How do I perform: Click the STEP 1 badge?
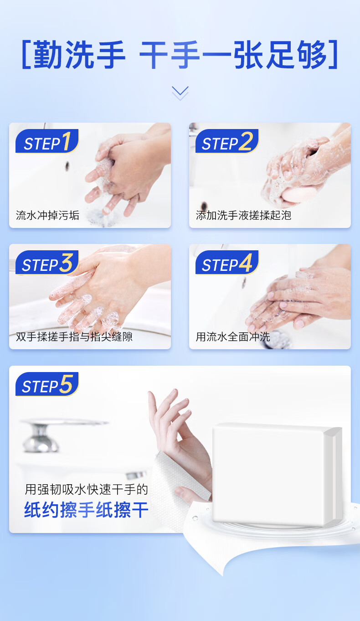47,141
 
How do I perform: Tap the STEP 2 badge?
227,141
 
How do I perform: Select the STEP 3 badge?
47,263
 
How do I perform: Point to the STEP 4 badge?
227,263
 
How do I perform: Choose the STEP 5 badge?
47,384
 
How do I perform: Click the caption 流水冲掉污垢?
47,215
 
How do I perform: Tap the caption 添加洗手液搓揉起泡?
243,215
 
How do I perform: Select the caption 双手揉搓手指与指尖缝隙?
74,336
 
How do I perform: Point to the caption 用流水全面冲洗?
233,336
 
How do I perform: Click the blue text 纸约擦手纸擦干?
86,510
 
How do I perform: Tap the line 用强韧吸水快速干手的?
86,489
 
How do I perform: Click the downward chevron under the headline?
180,93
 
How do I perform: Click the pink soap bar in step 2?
299,194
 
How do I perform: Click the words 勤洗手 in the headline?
79,54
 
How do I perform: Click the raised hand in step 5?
177,433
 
